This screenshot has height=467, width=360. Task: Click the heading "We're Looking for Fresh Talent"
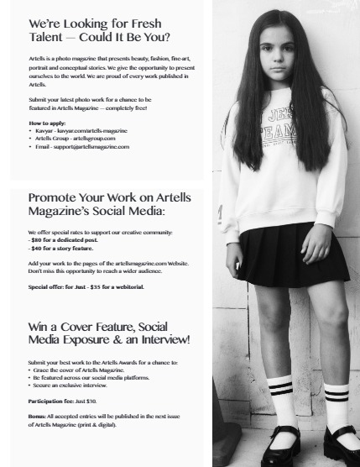(99, 30)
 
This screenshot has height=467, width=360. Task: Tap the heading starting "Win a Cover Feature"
(109, 332)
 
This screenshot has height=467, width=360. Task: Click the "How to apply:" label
(45, 123)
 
